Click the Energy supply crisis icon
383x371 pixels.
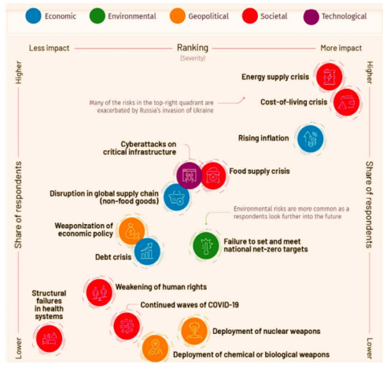point(330,77)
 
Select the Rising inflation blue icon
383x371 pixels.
point(312,138)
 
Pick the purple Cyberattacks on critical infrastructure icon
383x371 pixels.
point(190,173)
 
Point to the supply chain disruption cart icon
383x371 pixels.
point(176,197)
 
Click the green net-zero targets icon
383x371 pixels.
point(206,244)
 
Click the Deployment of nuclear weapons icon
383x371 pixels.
point(194,331)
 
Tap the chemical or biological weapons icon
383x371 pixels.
point(154,347)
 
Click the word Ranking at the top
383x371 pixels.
point(191,48)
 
